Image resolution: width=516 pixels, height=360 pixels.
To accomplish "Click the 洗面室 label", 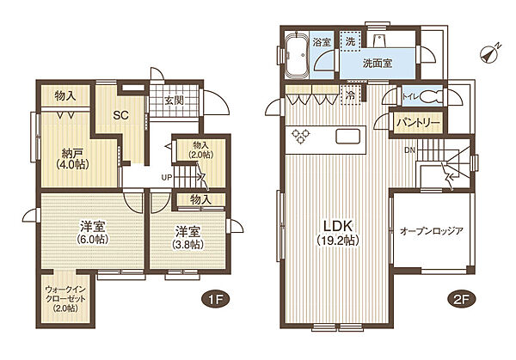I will click(378, 63).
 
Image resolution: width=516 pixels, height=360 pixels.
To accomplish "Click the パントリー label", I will click(418, 123).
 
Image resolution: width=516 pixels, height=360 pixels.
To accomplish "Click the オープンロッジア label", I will click(431, 231).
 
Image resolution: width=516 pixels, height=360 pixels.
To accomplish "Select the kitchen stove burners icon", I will click(302, 135).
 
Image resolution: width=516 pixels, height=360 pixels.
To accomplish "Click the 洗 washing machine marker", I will click(351, 40).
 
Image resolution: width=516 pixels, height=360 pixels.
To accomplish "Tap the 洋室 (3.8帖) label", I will click(189, 237).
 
